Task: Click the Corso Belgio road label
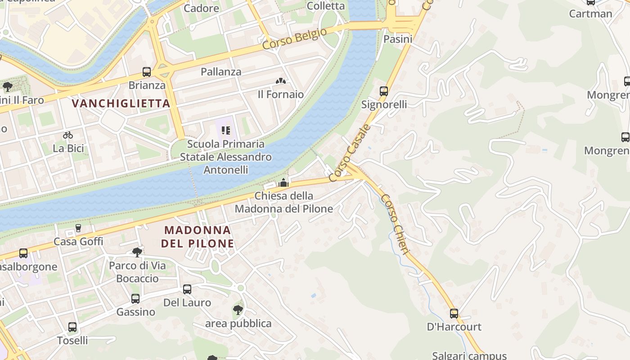coord(294,39)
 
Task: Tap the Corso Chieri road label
coord(394,224)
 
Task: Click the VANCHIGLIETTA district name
coord(121,103)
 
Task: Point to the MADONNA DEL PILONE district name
coord(198,237)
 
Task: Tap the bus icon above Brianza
coord(147,72)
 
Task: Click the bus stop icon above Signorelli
coord(384,91)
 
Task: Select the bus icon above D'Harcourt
coord(454,314)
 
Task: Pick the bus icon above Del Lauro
coord(187,289)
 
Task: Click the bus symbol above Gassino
coord(135,299)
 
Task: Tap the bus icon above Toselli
coord(72,327)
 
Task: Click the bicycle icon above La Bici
coord(68,135)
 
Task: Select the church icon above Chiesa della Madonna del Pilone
coord(283,183)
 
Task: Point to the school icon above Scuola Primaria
coord(226,131)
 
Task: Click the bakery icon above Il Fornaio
coord(281,81)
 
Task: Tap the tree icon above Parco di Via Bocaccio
coord(137,252)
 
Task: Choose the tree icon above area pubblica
coord(238,310)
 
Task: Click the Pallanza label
coord(221,72)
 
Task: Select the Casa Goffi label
coord(78,242)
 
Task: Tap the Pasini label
coord(398,39)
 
